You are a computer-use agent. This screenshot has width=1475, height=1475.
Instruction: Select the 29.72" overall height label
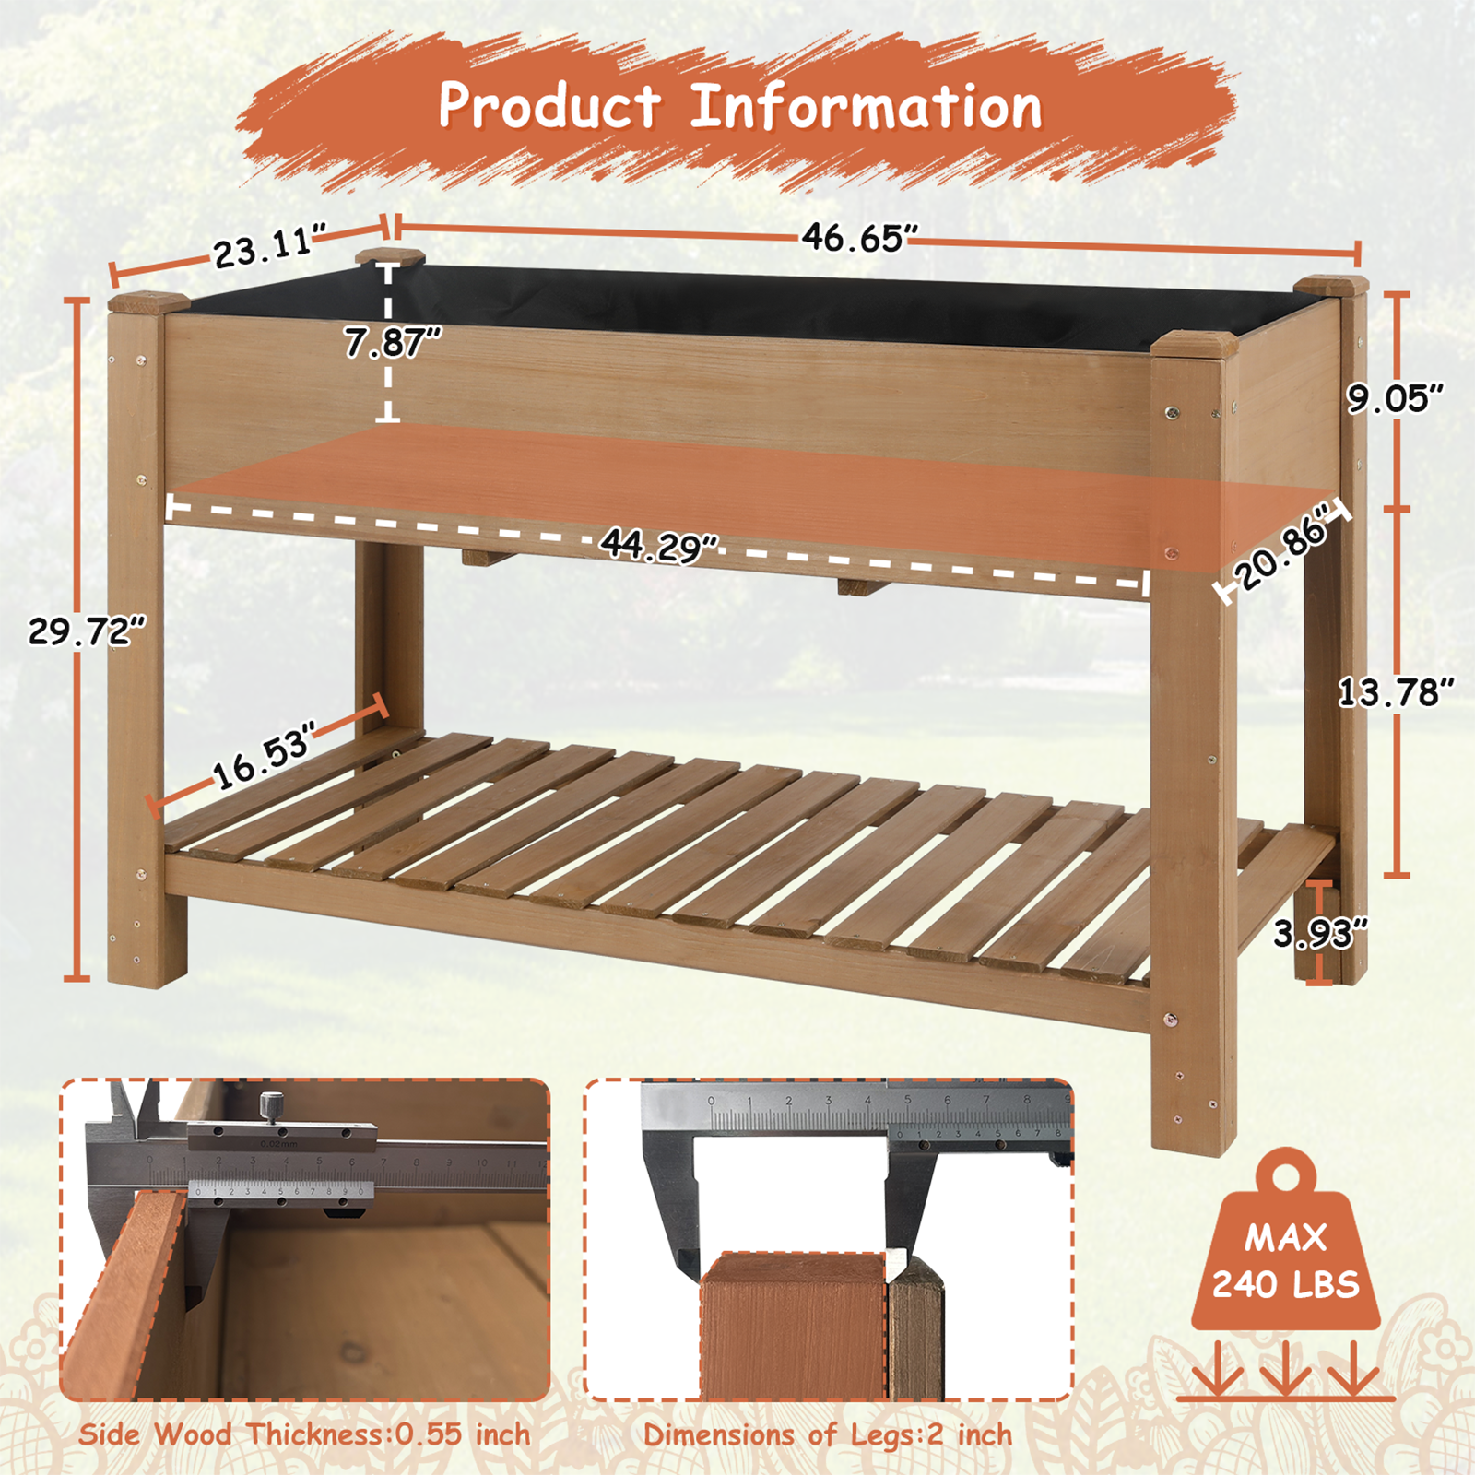click(87, 631)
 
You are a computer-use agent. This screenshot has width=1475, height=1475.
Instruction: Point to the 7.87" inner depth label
click(393, 343)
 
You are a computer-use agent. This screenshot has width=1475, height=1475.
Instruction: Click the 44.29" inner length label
click(659, 546)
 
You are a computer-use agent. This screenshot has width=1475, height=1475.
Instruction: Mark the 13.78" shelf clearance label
click(1395, 691)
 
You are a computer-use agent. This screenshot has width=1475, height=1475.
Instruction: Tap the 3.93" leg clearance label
click(1319, 934)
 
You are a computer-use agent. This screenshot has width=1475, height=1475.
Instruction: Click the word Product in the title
click(549, 105)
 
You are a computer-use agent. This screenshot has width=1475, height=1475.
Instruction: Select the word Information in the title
click(866, 107)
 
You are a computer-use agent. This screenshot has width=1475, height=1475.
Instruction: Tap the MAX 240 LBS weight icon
click(1285, 1258)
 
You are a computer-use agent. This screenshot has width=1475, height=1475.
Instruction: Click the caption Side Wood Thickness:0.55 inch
click(304, 1434)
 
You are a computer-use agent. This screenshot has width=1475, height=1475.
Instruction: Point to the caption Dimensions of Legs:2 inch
click(827, 1435)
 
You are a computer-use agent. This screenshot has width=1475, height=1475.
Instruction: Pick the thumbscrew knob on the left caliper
click(270, 1103)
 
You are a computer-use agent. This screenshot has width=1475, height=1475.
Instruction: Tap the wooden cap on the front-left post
click(148, 301)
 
